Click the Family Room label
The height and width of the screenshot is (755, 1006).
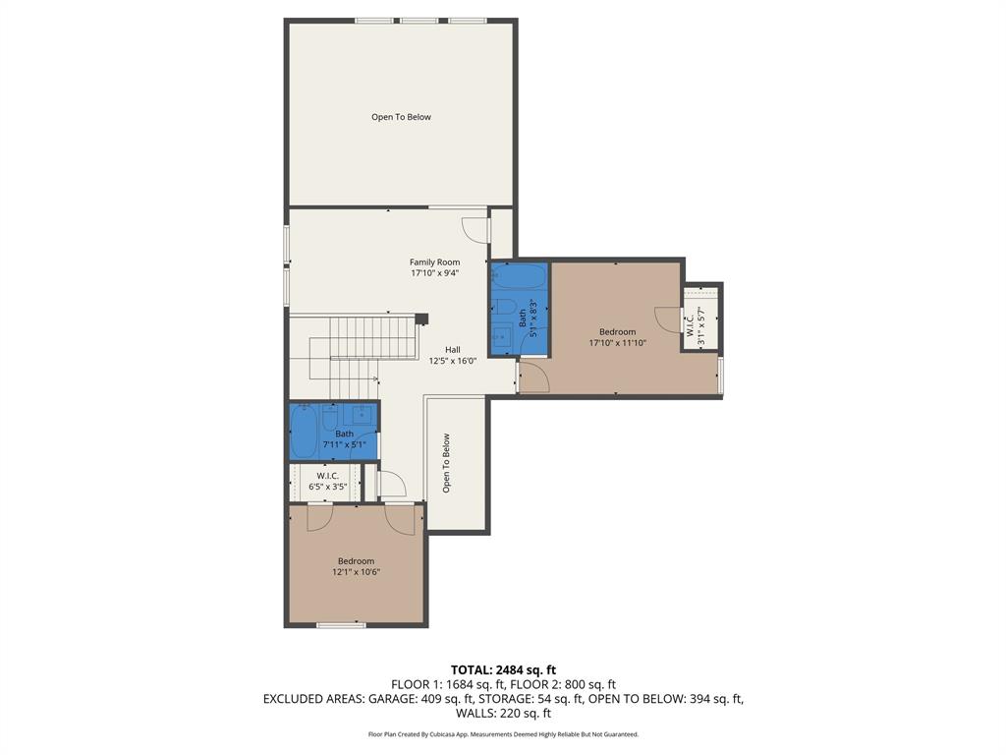tap(434, 262)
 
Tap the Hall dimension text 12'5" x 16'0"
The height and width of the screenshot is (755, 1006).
tap(452, 361)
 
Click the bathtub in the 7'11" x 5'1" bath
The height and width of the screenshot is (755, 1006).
tap(303, 433)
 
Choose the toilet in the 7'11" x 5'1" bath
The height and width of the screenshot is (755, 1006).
tap(331, 418)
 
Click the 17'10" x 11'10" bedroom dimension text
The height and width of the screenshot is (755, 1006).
tap(617, 343)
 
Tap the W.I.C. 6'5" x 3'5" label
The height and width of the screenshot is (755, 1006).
tap(327, 481)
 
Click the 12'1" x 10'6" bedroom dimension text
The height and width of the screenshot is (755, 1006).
tap(356, 572)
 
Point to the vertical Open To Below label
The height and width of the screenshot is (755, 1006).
tap(446, 463)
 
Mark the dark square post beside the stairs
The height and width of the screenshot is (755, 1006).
tap(421, 319)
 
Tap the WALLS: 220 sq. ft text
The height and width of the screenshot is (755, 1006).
tap(503, 714)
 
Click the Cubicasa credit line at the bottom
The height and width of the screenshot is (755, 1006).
tap(503, 734)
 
